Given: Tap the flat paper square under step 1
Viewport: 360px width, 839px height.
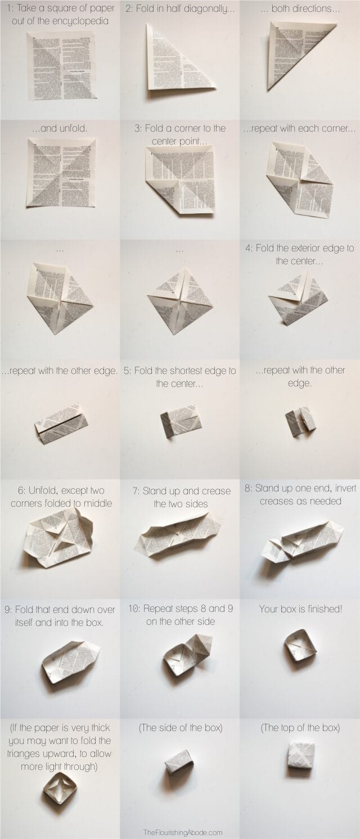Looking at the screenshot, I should click(x=61, y=66).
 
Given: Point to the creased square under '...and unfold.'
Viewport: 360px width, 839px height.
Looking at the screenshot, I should click(x=61, y=172).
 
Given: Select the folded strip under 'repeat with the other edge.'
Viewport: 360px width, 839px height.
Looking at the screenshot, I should click(x=61, y=423).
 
